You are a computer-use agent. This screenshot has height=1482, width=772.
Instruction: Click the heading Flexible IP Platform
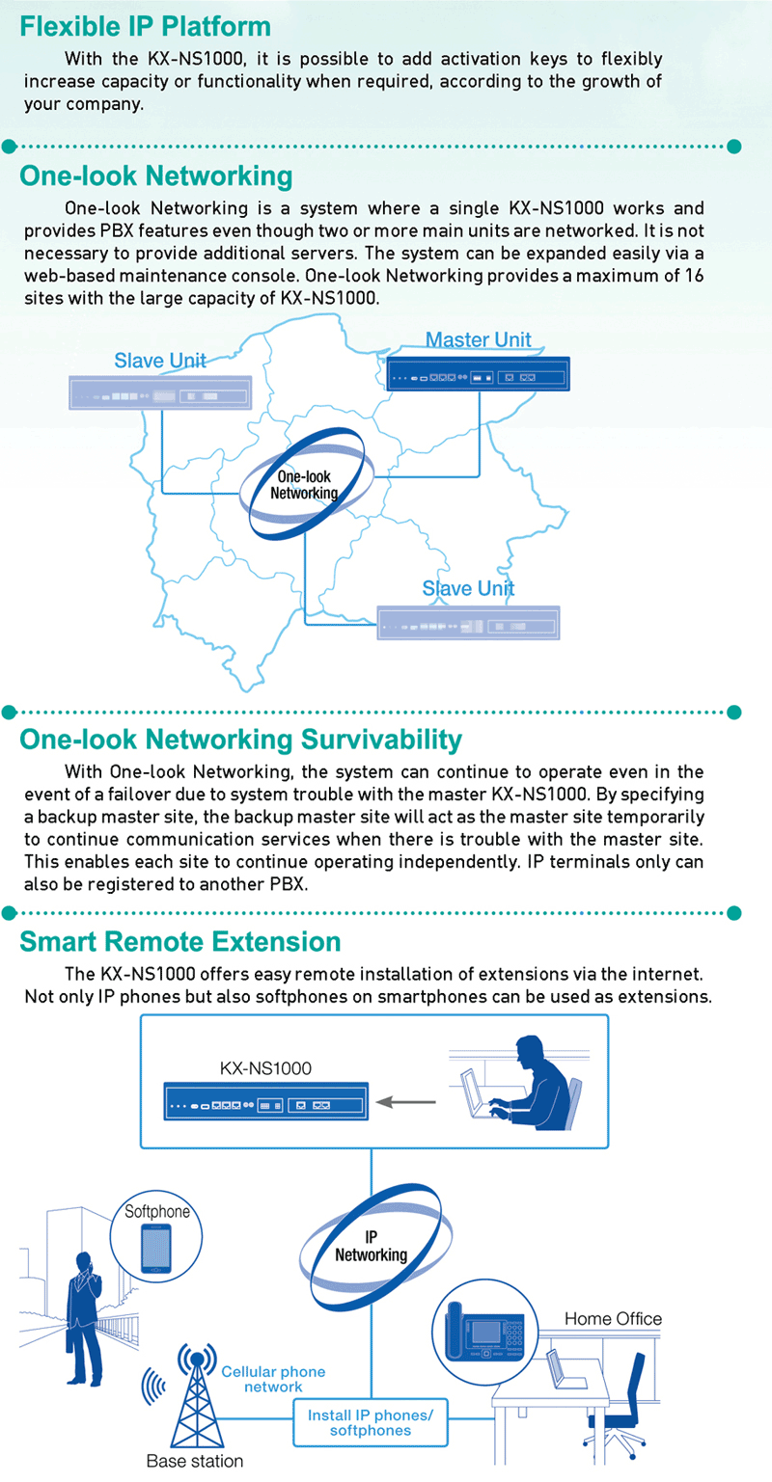pyautogui.click(x=146, y=26)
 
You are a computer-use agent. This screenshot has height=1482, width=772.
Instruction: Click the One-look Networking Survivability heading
pyautogui.click(x=241, y=740)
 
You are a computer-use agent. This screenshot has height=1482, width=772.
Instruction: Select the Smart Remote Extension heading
pyautogui.click(x=180, y=941)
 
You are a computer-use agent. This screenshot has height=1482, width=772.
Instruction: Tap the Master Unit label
pyautogui.click(x=478, y=339)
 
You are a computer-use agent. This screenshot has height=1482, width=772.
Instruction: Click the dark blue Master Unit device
pyautogui.click(x=478, y=374)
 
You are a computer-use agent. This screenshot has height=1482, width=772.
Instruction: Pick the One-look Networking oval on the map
pyautogui.click(x=307, y=484)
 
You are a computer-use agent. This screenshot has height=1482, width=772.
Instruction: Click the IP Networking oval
pyautogui.click(x=375, y=1247)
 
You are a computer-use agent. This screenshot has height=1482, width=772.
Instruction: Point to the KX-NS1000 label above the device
pyautogui.click(x=265, y=1068)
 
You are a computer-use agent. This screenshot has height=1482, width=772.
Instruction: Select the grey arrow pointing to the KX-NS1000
pyautogui.click(x=406, y=1102)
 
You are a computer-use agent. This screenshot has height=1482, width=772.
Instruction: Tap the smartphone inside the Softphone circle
pyautogui.click(x=156, y=1249)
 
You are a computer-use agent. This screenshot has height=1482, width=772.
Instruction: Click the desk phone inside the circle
pyautogui.click(x=484, y=1331)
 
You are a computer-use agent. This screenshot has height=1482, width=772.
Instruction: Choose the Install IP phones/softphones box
pyautogui.click(x=371, y=1422)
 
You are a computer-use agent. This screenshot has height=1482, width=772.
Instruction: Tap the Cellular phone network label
pyautogui.click(x=273, y=1379)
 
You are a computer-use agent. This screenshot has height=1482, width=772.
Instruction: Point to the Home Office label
pyautogui.click(x=613, y=1319)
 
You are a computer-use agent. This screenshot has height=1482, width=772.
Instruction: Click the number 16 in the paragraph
pyautogui.click(x=694, y=276)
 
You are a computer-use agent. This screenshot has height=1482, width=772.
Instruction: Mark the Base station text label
pyautogui.click(x=195, y=1461)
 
